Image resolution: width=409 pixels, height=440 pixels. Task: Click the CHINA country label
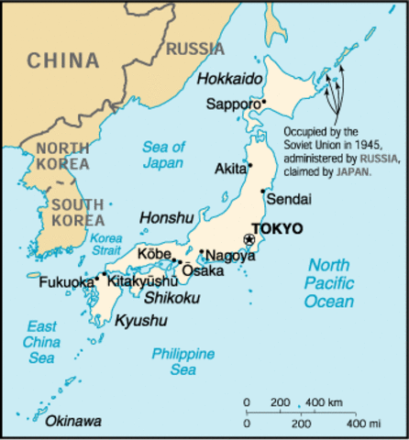coord(62,61)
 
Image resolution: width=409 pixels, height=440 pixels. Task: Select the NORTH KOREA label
coord(62,155)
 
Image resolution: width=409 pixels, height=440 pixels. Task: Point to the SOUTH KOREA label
coord(77,213)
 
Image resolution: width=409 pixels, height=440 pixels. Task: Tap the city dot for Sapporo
coord(263,103)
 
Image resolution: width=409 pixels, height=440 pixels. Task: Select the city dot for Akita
coord(249,169)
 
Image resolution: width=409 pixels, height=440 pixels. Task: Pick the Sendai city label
coord(288,199)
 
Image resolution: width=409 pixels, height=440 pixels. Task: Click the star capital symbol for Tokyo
coord(248,239)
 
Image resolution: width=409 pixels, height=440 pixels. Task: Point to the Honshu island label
coord(166,217)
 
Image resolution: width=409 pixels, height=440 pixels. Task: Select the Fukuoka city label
coord(66,282)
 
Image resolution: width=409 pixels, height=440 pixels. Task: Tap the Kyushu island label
coord(141,320)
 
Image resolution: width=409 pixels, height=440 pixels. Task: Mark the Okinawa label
coord(72,422)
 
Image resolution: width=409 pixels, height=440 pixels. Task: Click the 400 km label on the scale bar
coord(324,403)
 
